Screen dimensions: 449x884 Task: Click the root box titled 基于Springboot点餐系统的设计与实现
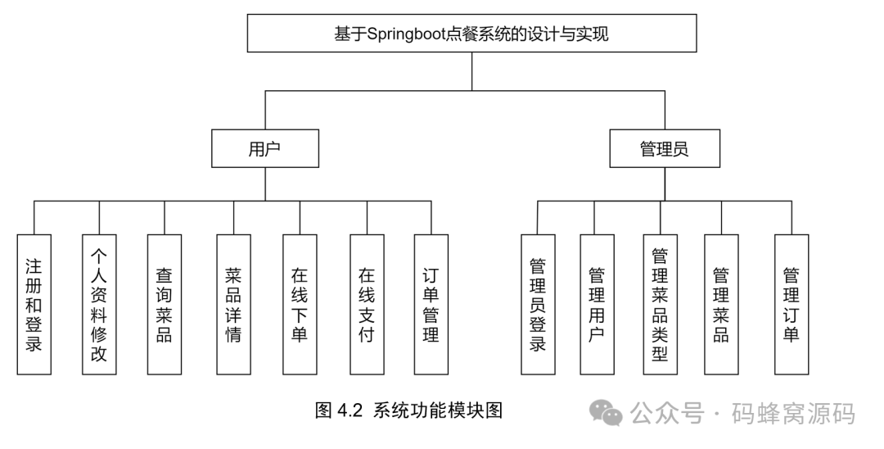coord(472,34)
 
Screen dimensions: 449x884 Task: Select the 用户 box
coord(264,148)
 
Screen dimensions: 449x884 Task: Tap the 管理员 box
coord(664,148)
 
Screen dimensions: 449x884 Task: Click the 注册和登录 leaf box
coord(34,305)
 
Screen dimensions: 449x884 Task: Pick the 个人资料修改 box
coord(99,305)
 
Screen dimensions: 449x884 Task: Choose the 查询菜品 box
coord(165,305)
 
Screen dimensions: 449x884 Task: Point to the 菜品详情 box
coord(234,305)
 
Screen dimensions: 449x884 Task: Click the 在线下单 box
coord(300,305)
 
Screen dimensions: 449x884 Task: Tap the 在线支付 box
coord(367,305)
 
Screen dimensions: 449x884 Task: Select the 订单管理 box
coord(431,305)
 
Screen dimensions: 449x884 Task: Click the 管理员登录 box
coord(538,305)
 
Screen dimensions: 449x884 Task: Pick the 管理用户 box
coord(597,305)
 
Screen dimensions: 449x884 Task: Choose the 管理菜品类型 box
coord(660,305)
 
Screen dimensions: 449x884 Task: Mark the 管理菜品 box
coord(722,305)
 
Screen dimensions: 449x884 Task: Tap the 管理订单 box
coord(792,305)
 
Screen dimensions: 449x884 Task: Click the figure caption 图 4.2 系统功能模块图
coord(408,410)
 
